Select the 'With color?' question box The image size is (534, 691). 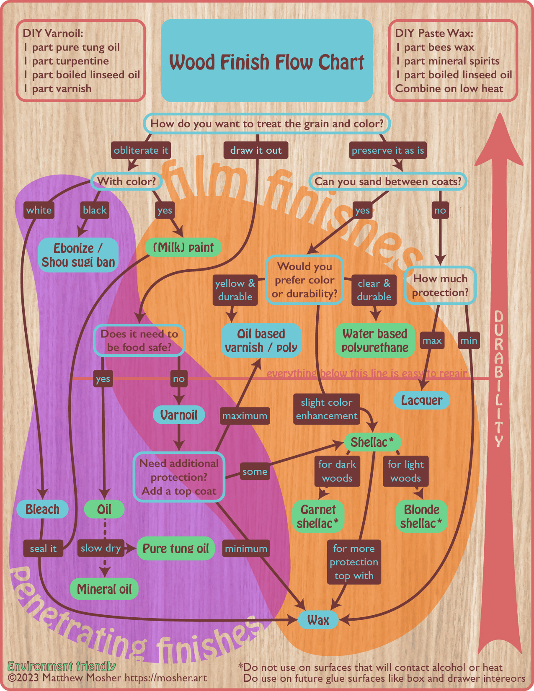click(126, 181)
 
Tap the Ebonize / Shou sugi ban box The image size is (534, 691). click(78, 255)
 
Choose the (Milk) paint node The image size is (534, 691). click(183, 248)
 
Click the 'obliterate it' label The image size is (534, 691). click(141, 150)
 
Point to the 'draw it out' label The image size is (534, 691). click(256, 150)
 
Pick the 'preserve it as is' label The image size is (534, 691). click(388, 150)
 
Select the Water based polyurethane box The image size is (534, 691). click(375, 340)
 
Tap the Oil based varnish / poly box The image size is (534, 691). click(261, 340)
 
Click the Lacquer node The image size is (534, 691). click(422, 400)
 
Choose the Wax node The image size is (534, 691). click(318, 620)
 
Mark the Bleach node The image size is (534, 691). click(42, 509)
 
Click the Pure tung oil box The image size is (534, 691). click(175, 549)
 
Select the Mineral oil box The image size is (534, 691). click(104, 589)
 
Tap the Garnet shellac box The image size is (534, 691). click(318, 516)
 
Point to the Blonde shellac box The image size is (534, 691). click(421, 516)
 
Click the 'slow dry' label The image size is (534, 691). click(101, 548)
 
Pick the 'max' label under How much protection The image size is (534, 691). click(432, 340)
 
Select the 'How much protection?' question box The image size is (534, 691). click(440, 286)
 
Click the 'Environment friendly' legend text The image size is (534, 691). click(62, 666)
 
